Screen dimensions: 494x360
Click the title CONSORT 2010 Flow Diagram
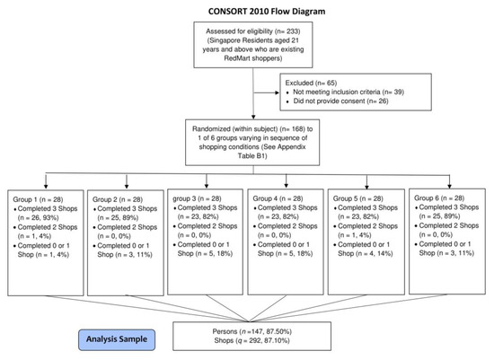267,12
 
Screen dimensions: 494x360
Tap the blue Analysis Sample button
117,340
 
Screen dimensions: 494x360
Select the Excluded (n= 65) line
311,83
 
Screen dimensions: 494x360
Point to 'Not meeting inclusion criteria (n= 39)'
348,92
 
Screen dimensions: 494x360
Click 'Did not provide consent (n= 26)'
341,101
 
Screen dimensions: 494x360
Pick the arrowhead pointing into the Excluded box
278,92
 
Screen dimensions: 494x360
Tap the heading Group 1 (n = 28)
38,199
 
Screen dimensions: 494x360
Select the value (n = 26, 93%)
38,217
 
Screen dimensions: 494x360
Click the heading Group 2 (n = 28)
118,199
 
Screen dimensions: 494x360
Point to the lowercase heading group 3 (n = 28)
197,198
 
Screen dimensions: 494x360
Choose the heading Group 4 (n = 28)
278,198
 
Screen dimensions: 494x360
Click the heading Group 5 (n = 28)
357,198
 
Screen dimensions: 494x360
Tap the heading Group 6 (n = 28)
439,198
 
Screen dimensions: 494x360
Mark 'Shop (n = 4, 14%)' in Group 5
366,253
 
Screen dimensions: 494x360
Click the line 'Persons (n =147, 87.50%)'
252,331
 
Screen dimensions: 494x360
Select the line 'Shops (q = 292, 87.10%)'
252,340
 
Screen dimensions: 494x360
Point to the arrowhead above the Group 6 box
450,186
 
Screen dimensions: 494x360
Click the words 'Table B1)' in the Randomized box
252,156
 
